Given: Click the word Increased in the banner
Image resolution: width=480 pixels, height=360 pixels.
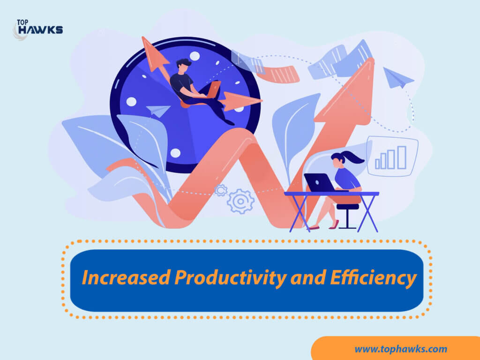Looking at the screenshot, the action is (126, 277).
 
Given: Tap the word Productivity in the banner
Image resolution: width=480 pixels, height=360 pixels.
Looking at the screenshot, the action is (231, 278).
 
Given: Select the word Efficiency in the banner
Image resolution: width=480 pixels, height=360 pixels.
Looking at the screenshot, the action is (373, 278).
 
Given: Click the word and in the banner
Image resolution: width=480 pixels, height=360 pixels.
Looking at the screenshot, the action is (308, 277).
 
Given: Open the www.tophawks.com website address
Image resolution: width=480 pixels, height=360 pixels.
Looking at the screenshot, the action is (401, 349).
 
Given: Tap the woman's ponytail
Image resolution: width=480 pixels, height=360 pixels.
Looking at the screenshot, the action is (353, 157).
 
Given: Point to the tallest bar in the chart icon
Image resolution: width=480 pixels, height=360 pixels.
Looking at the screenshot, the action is (402, 157).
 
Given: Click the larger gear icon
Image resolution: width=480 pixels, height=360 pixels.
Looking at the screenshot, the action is (240, 201).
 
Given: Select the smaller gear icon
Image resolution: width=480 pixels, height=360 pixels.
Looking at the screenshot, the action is (221, 190).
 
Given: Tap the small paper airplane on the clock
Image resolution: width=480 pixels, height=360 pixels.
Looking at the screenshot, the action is (158, 111).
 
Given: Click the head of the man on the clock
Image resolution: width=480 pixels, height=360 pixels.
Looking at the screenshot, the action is (183, 66).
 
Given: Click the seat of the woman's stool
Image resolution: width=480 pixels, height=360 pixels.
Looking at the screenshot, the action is (347, 207).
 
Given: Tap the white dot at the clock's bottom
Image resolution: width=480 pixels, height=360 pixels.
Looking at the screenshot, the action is (175, 153).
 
